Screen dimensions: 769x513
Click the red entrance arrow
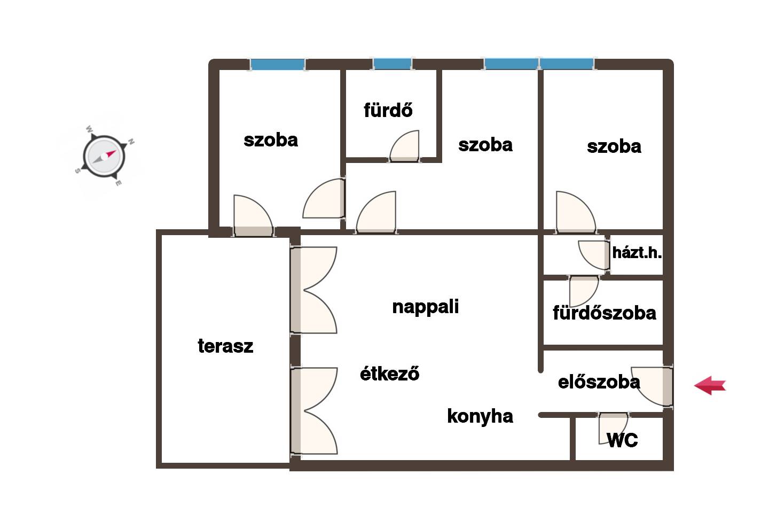tap(710, 385)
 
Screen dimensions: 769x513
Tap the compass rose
tap(104, 157)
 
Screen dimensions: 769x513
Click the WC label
tap(623, 440)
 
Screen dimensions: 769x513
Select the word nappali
tap(425, 307)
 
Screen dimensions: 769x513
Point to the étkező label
tap(390, 373)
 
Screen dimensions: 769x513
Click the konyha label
tap(480, 416)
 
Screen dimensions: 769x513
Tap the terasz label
tap(225, 346)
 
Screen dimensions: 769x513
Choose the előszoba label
tap(599, 382)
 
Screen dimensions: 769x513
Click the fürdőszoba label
tap(605, 313)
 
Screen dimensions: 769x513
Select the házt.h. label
tap(637, 253)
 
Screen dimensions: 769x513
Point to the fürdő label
tap(388, 110)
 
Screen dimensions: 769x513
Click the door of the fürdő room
tap(404, 146)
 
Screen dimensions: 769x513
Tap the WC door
tap(613, 428)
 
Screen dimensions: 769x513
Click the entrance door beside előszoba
tap(652, 386)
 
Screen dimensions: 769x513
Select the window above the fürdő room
tap(393, 64)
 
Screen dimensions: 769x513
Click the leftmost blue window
tap(277, 64)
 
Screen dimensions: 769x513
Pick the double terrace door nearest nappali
tap(313, 290)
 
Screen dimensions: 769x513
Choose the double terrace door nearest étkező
tap(314, 411)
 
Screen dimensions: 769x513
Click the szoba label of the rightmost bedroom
tap(614, 147)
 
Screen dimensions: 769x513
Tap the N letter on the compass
tap(131, 141)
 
